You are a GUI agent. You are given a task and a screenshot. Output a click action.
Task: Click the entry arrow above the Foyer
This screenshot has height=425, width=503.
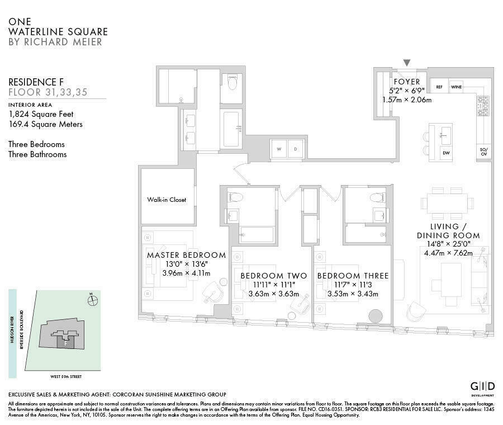407,63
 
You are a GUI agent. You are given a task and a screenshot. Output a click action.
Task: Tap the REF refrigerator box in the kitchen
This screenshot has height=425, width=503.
439,87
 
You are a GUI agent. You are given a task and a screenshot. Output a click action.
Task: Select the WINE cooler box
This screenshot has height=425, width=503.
456,87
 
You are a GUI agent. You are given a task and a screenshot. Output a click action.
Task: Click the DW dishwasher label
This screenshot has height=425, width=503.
446,153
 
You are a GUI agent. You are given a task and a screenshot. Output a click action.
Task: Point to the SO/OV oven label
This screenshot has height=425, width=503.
483,152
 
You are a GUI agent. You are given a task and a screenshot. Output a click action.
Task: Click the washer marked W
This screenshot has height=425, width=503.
278,149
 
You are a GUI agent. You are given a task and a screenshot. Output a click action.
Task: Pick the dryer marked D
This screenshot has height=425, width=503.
297,149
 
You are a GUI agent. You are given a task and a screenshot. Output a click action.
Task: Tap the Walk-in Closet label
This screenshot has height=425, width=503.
167,200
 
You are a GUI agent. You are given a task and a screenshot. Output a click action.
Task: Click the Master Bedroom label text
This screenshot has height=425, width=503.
186,255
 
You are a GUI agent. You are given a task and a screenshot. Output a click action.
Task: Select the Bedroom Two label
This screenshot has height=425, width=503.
273,276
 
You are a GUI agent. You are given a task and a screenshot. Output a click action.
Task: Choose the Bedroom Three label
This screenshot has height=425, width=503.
353,276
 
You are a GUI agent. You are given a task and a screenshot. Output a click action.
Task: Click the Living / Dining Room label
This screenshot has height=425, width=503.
448,230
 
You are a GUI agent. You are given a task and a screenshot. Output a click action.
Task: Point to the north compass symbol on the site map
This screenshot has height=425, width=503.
92,300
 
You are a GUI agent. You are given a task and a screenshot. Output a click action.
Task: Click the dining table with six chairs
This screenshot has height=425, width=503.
447,203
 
